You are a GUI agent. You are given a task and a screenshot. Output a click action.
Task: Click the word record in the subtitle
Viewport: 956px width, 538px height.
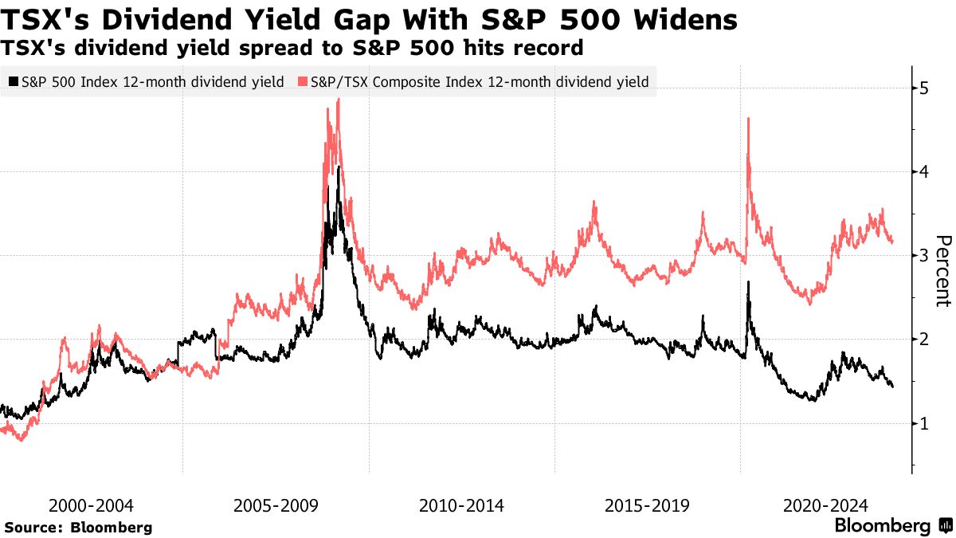click(549, 49)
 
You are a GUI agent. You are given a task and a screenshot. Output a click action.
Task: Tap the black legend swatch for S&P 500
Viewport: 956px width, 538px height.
click(14, 81)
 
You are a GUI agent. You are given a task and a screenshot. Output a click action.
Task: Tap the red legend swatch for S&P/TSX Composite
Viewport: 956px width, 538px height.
click(303, 81)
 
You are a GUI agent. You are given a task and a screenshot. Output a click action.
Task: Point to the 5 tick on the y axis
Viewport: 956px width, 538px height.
click(924, 88)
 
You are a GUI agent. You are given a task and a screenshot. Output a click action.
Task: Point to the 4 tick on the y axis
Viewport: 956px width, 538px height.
click(924, 171)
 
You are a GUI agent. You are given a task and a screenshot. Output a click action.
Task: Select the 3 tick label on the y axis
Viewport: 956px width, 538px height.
click(924, 255)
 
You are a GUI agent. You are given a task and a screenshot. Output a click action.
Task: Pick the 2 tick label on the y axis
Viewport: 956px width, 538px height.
click(924, 340)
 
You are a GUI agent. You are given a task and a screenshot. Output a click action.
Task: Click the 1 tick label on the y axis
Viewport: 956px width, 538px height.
click(924, 423)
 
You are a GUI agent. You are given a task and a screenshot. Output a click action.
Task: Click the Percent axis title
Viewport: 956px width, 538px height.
click(943, 271)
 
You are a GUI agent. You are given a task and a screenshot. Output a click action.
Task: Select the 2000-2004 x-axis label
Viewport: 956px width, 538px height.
click(91, 505)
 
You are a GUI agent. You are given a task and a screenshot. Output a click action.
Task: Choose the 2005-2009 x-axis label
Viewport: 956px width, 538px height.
click(276, 505)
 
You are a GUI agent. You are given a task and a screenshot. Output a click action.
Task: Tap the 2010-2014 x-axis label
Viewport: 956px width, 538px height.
click(461, 505)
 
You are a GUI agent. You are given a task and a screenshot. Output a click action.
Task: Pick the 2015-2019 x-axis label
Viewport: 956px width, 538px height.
click(646, 505)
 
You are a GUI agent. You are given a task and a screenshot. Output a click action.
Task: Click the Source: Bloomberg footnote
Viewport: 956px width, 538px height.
click(78, 528)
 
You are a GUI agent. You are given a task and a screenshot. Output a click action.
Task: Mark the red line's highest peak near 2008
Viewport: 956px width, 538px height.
click(339, 99)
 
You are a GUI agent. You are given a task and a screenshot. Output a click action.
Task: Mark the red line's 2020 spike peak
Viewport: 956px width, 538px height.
click(749, 119)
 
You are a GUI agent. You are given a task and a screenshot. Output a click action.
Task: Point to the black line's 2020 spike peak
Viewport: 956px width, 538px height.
click(749, 282)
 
